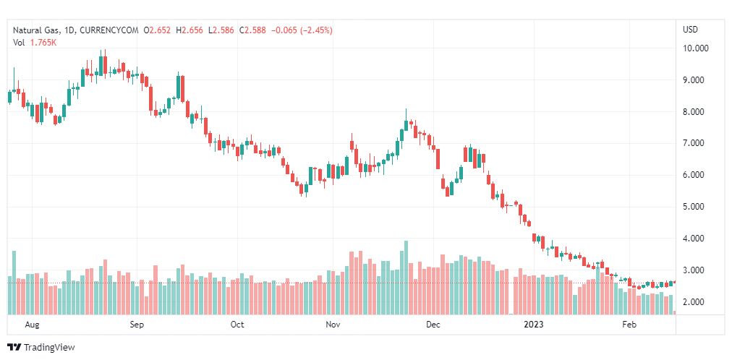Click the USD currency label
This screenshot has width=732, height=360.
690,30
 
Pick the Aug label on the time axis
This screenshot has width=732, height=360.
32,325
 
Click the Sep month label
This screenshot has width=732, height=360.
137,325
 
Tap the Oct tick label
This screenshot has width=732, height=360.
237,325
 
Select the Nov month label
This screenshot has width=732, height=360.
333,325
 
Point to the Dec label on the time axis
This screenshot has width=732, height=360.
433,325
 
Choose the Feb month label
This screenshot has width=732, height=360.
630,325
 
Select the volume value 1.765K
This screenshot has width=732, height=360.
44,43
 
